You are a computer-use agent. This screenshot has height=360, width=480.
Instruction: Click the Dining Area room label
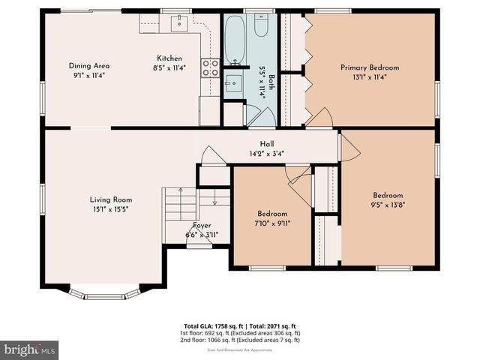point(89,65)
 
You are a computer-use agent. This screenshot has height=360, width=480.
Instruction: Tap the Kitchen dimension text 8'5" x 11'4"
point(169,67)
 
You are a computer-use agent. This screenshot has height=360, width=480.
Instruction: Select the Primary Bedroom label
point(370,67)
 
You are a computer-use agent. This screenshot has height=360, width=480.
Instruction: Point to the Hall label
point(266,145)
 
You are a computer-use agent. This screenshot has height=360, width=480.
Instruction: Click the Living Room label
point(111,199)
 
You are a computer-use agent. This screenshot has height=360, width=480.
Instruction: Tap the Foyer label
point(202,225)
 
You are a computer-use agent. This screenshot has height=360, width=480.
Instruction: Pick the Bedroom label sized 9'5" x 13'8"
point(388,196)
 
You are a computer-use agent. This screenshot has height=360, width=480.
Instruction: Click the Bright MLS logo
point(30,349)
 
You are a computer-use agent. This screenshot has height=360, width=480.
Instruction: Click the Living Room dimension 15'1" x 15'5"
point(111,209)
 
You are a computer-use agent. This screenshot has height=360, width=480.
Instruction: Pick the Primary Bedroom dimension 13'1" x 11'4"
point(370,76)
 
